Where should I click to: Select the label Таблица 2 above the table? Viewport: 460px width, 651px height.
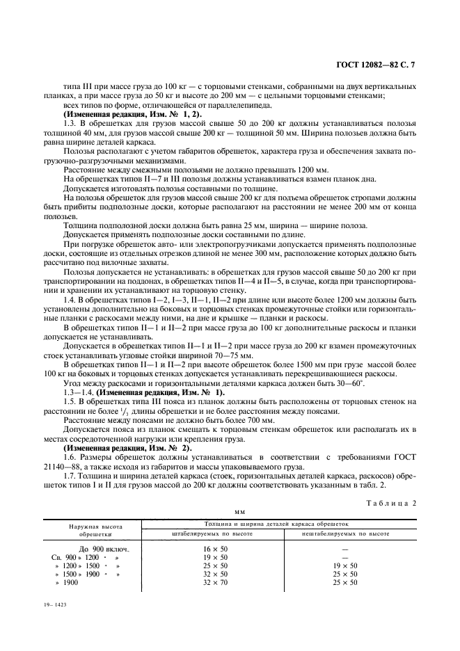397,501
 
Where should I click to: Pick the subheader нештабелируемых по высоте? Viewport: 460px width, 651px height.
345,534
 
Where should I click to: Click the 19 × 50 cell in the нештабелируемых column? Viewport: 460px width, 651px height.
345,566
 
